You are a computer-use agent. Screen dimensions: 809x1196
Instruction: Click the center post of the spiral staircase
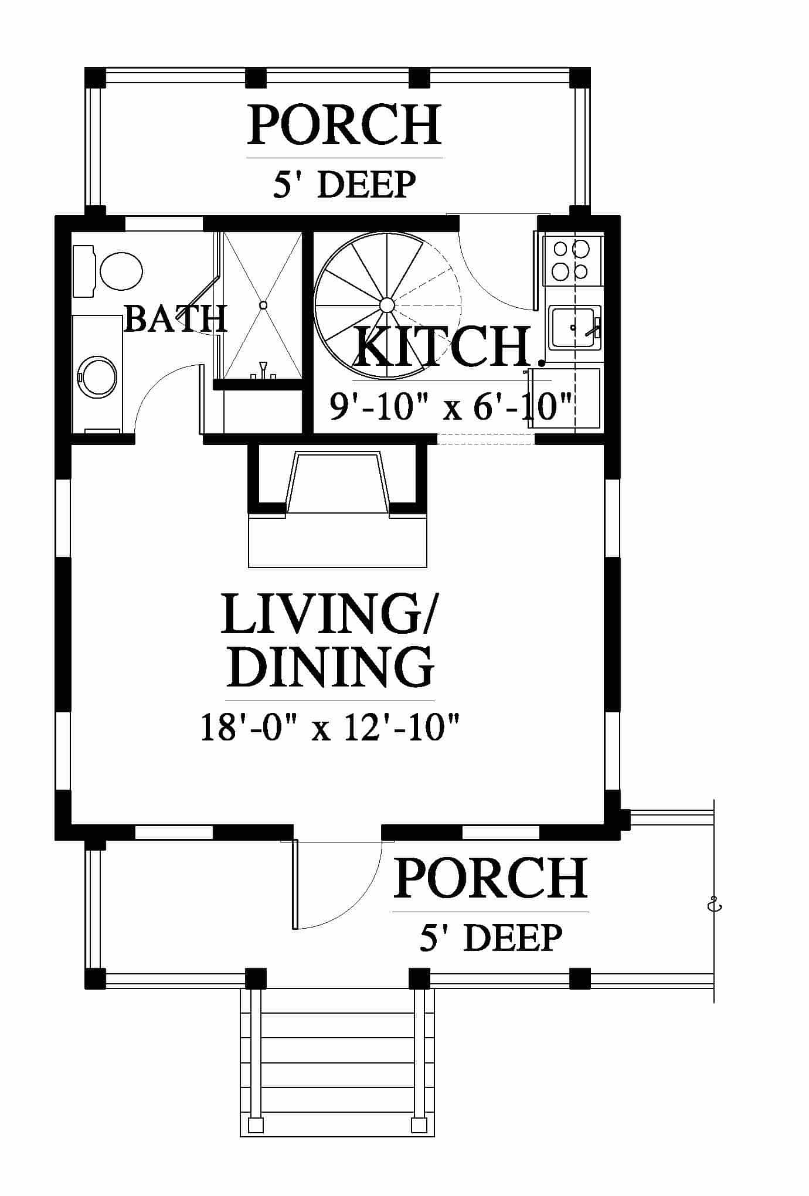pos(387,305)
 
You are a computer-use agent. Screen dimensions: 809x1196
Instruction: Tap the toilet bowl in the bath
pos(121,271)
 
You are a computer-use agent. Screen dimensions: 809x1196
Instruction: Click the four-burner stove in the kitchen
pos(573,260)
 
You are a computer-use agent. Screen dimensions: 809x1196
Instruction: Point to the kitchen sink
pos(575,328)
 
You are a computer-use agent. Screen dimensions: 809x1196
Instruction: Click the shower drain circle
pos(263,305)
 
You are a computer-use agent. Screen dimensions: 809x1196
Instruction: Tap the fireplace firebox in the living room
pos(338,484)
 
